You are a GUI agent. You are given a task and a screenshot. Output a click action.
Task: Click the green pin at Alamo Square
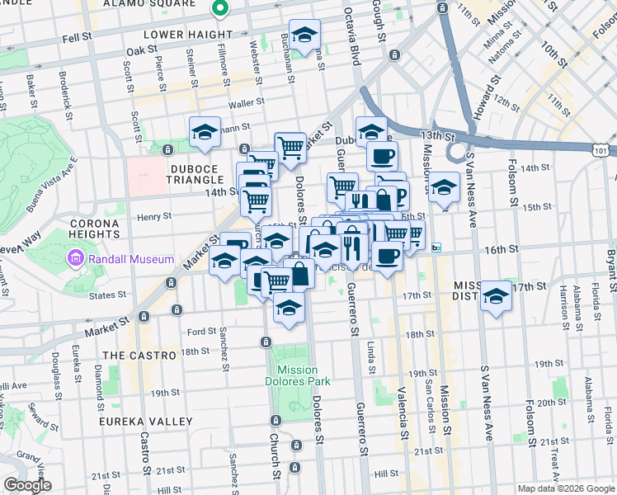219,10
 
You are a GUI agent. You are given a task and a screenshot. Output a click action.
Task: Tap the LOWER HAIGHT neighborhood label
188,35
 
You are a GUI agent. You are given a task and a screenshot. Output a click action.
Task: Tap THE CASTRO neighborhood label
139,355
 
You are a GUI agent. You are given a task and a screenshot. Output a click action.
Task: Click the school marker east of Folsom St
496,295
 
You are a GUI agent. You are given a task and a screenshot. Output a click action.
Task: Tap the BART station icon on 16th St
436,247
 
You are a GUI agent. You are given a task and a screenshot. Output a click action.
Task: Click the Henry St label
154,217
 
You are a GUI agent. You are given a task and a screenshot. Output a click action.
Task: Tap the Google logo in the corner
27,485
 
